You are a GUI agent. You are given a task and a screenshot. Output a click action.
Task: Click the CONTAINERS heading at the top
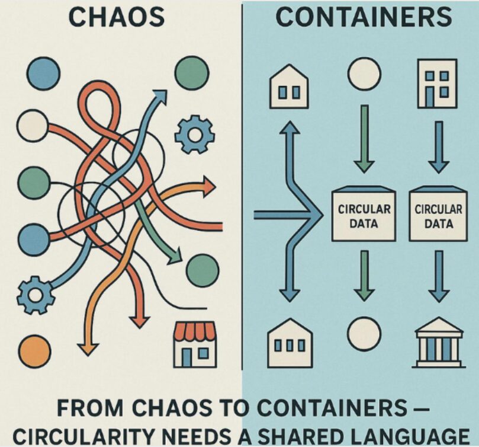pyautogui.click(x=364, y=17)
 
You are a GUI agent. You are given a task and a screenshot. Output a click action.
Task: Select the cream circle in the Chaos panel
pyautogui.click(x=33, y=125)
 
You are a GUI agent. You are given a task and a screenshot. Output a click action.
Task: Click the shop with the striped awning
pyautogui.click(x=195, y=344)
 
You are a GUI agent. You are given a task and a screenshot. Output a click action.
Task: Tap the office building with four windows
pyautogui.click(x=437, y=83)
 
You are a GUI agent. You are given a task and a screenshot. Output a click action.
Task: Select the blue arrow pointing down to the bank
pyautogui.click(x=438, y=276)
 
